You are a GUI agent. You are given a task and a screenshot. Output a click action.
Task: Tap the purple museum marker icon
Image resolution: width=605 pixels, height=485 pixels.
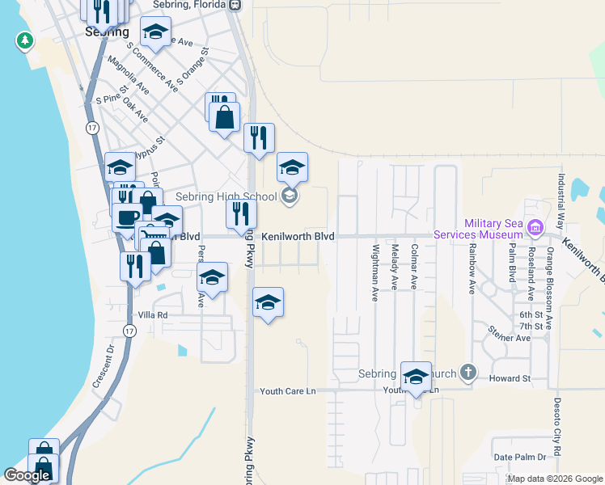[x=534, y=228]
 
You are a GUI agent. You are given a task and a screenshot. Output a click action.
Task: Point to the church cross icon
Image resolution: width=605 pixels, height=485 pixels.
[x=467, y=373]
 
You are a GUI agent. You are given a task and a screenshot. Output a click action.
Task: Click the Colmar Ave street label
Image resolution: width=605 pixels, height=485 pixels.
[x=414, y=268]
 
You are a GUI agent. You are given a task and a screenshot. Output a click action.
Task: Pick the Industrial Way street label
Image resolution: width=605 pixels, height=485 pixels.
[x=559, y=197]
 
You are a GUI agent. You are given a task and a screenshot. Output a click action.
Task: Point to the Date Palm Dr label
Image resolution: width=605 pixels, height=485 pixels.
[x=521, y=457]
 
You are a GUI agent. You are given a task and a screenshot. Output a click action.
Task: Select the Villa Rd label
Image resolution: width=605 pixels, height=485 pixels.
[x=152, y=315]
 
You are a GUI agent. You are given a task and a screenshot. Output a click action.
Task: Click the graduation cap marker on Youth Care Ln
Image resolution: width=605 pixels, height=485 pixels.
[x=416, y=377]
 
